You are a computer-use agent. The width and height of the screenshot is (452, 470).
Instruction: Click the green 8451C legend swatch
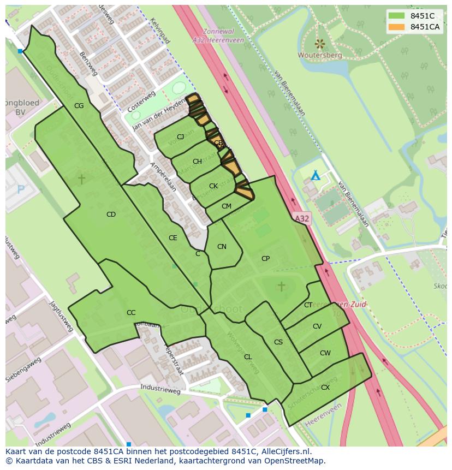[x=397, y=16]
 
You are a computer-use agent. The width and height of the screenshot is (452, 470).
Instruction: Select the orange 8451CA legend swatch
[x=397, y=27]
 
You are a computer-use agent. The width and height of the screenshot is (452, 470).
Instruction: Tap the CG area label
[x=79, y=106]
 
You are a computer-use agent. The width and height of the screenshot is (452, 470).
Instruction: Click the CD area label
[x=111, y=215]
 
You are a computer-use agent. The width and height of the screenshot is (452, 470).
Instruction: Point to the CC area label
[x=131, y=313]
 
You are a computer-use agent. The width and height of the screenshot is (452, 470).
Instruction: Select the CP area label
[x=266, y=259]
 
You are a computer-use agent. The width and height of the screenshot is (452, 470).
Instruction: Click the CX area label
[x=325, y=388]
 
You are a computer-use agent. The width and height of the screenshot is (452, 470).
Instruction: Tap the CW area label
[x=325, y=353]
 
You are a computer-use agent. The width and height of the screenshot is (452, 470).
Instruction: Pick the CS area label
[x=278, y=342]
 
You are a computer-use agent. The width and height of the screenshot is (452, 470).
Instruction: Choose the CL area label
[x=248, y=357]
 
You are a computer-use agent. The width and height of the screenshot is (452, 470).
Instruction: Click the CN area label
[x=222, y=247]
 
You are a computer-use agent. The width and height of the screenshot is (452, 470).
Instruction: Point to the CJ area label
[x=180, y=137]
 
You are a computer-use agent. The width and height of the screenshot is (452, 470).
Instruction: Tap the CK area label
[x=213, y=186]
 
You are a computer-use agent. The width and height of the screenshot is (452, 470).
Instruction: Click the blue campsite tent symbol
[x=315, y=176]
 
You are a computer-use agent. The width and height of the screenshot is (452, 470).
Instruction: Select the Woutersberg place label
[x=320, y=55]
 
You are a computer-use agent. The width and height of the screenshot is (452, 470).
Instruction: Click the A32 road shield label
[x=302, y=218]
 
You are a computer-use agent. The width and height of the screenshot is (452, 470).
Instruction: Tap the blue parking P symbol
[x=21, y=189]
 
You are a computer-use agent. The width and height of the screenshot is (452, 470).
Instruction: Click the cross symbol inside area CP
[x=281, y=286]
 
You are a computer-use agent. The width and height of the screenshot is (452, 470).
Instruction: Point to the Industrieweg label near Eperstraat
[x=160, y=391]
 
